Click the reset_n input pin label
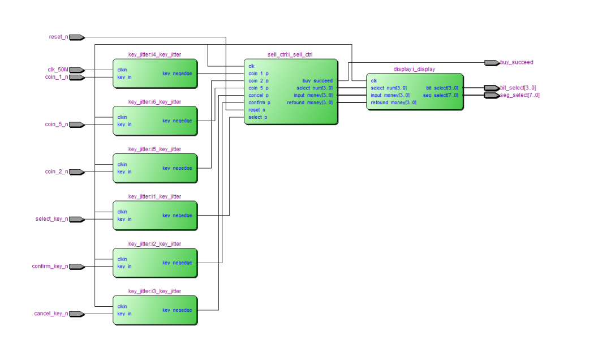58,37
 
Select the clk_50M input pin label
58,70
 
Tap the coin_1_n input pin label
57,77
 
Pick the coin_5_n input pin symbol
77,125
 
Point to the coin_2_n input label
57,172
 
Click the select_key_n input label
51,219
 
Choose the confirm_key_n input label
50,267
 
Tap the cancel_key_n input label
51,314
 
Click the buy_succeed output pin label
517,62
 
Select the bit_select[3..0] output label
518,88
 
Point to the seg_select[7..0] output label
519,95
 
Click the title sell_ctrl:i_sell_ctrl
290,55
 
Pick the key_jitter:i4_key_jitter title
154,55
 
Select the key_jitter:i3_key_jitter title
154,292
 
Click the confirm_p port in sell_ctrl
259,102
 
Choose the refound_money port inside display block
393,102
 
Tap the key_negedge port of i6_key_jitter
177,121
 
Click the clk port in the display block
374,81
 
